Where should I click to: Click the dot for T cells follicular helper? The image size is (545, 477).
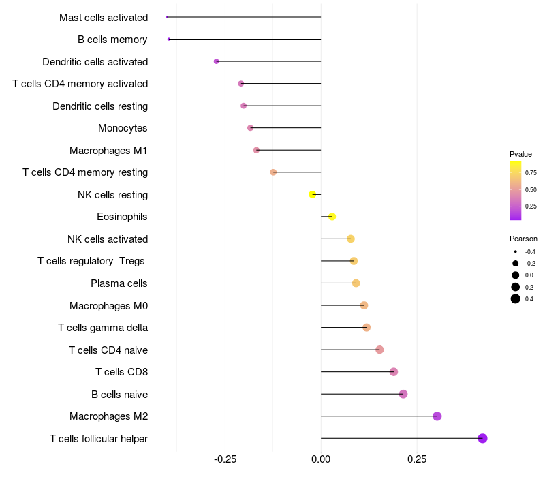coord(482,438)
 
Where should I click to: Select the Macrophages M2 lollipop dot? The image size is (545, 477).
coord(437,416)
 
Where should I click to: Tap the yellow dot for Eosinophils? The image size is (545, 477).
coord(332,217)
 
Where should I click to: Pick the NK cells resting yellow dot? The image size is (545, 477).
coord(313,194)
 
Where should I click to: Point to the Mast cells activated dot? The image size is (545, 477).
coord(167,17)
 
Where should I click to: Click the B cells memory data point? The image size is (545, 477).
coord(169,40)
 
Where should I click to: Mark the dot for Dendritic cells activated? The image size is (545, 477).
coord(217,61)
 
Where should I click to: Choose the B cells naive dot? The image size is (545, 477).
coord(403,394)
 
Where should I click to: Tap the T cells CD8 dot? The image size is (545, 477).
coord(393,371)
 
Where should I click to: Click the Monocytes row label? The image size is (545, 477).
coord(123,128)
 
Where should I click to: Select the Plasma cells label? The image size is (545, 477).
coord(119,283)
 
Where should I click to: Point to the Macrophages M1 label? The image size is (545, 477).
coord(108,150)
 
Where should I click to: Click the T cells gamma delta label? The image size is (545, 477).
coord(103,328)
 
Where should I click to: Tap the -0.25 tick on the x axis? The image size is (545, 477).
coord(225,459)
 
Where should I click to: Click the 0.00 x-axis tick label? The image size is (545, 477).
coord(321,459)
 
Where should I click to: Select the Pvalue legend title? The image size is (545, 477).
coord(520,154)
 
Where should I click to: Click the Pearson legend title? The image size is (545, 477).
coord(523,238)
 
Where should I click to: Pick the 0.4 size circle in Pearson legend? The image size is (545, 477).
coord(516,298)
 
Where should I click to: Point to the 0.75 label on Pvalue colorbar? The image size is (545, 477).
coord(531,172)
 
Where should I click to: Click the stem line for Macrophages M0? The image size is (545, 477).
coord(341,305)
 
